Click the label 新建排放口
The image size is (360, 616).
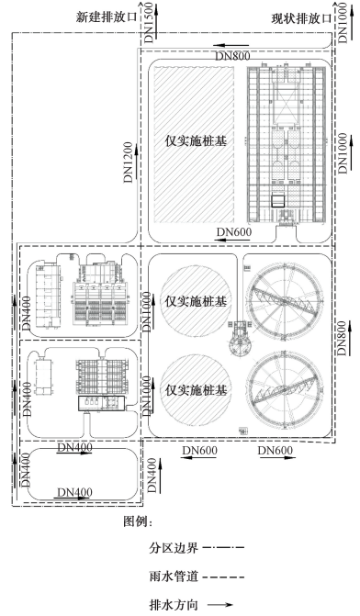(107, 17)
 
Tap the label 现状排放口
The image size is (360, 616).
(301, 18)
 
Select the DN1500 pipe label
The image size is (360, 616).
(149, 22)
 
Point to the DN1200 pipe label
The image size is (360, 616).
(129, 162)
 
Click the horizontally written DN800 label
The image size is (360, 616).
(232, 56)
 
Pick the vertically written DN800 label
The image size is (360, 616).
(343, 338)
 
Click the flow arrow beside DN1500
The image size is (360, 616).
(156, 21)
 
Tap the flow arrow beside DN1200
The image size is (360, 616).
(136, 161)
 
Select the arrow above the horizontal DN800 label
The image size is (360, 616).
(231, 46)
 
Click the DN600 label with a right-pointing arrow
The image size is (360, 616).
(276, 451)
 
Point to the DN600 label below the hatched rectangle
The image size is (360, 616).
(234, 231)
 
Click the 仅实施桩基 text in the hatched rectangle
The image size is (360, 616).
(196, 141)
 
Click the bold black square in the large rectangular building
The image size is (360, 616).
(277, 201)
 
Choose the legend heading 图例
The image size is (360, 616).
(138, 521)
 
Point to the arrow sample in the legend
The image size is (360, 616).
(220, 605)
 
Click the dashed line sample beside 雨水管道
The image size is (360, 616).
(225, 577)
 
